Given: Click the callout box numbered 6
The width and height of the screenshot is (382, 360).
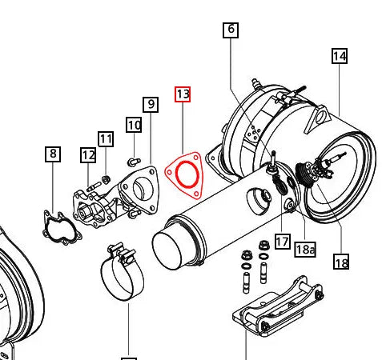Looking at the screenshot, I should [231, 30].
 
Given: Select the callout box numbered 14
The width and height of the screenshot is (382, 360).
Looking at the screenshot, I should [339, 56].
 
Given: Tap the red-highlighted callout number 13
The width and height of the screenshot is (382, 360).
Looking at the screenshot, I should [183, 94].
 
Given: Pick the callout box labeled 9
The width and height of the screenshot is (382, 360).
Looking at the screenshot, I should [150, 104].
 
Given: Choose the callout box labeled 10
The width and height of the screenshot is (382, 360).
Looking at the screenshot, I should [133, 125].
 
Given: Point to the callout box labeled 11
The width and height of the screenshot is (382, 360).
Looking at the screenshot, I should [107, 139].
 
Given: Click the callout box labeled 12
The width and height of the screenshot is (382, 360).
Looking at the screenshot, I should [88, 154].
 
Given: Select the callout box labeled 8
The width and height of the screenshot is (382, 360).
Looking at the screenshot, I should [53, 154].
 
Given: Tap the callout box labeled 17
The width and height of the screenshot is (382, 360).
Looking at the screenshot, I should [282, 241].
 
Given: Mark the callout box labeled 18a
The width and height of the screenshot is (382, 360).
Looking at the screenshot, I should [305, 249].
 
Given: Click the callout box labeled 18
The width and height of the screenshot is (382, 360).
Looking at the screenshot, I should [341, 262].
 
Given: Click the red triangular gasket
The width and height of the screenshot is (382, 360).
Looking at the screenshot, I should [183, 174].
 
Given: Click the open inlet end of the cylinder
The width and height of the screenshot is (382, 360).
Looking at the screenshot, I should [174, 244].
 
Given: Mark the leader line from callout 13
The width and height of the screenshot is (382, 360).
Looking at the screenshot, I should [183, 128].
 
